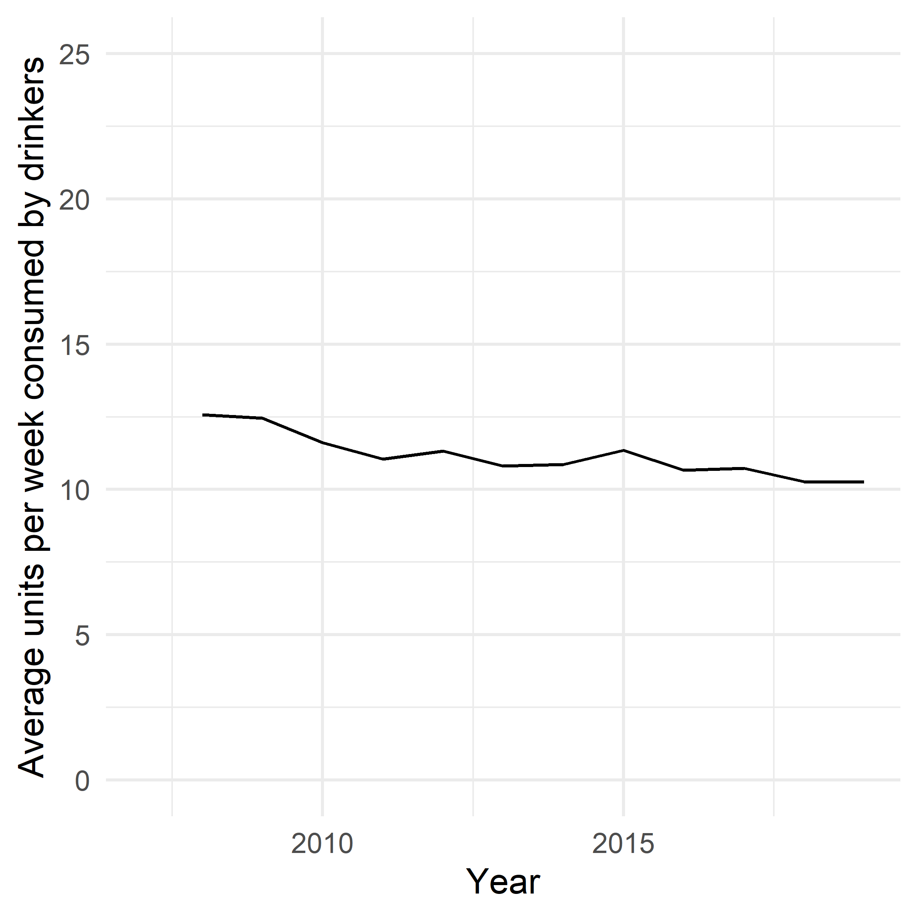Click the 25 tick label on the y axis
click(x=74, y=55)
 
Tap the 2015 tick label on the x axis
click(x=623, y=844)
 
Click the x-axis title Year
click(x=503, y=882)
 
